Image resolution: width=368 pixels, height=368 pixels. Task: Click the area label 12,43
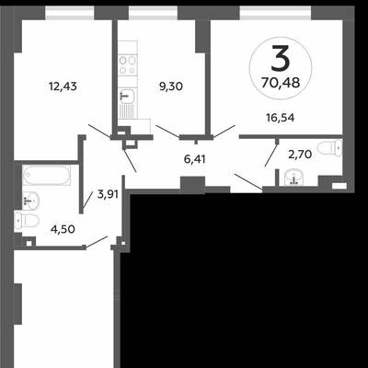[x=63, y=86]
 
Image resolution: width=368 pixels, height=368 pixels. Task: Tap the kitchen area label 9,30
[x=171, y=86]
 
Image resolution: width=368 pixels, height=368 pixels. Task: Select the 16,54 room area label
[x=281, y=118]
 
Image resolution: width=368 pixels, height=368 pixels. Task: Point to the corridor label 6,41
[x=195, y=159]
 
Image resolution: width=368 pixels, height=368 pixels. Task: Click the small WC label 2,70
[x=300, y=155]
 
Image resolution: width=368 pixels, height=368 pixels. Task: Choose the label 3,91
[x=108, y=194]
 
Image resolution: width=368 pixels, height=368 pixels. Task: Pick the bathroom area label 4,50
[x=63, y=229]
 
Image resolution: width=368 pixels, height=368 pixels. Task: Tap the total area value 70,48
[x=281, y=83]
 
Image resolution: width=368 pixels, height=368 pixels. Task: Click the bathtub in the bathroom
[x=46, y=175]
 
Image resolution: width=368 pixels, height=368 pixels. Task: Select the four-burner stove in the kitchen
[x=128, y=65]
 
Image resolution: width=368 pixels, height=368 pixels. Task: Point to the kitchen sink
[x=128, y=95]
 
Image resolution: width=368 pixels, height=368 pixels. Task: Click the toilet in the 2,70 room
[x=329, y=148]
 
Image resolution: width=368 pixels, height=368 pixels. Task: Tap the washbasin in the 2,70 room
[x=293, y=178]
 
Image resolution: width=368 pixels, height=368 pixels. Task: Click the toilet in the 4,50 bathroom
[x=27, y=220]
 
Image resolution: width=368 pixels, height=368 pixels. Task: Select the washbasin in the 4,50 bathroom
[x=30, y=201]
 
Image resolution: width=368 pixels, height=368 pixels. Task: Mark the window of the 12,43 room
[x=69, y=13]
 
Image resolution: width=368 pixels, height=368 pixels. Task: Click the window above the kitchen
[x=153, y=13]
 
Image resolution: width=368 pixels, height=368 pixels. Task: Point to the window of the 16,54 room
[x=275, y=13]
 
